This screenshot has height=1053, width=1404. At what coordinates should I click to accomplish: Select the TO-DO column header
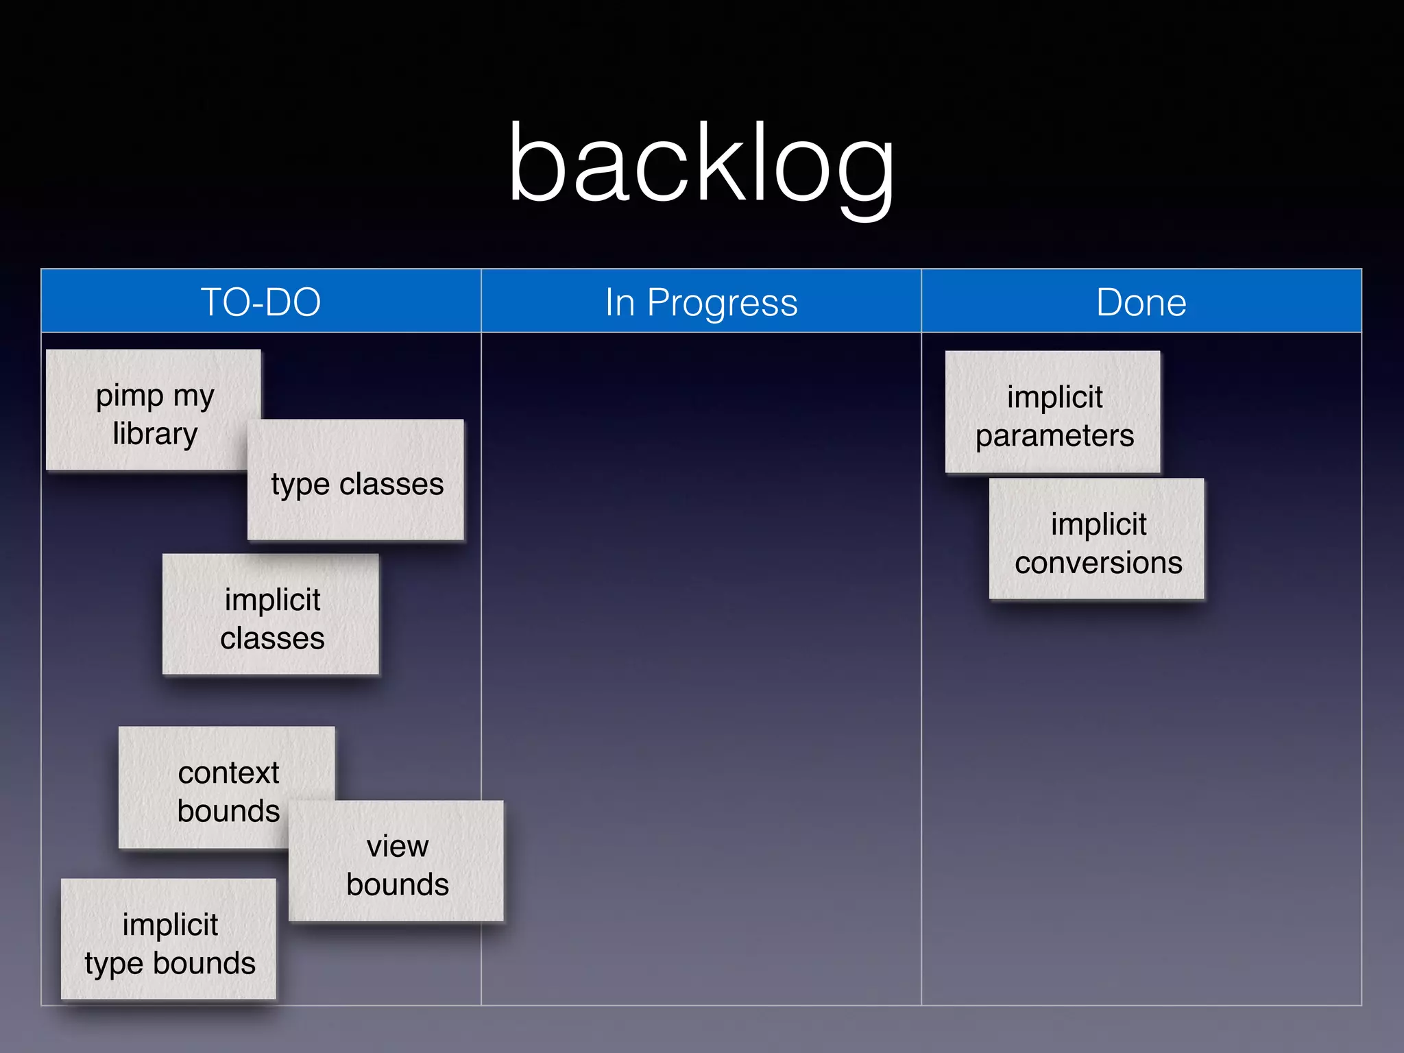coord(261,302)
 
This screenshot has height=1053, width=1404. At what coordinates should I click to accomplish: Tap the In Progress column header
coord(701,302)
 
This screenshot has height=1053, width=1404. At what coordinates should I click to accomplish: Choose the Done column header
coord(1141,302)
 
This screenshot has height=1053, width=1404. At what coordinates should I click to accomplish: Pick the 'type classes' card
coord(356,483)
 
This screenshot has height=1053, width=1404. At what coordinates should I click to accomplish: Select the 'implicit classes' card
coord(271,617)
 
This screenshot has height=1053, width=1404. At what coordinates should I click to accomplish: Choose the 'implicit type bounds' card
coord(169,943)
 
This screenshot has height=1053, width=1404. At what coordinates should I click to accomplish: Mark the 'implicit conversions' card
coord(1098,542)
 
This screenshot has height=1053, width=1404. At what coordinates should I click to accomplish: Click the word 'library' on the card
coord(156,434)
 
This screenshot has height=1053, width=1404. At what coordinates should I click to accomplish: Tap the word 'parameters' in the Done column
coord(1054,436)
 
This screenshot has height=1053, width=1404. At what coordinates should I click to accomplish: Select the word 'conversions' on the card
coord(1098,564)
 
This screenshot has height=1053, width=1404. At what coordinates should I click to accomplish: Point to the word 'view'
coord(398,846)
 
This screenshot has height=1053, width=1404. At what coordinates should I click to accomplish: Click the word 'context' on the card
coord(228,773)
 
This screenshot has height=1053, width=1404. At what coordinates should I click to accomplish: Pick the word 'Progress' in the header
coord(722,303)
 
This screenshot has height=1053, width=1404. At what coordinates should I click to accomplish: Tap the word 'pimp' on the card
coord(130,396)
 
